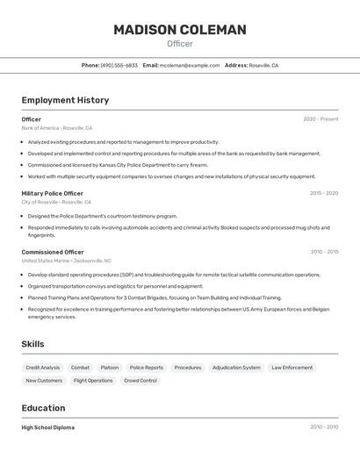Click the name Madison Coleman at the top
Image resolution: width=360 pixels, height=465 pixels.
(x=180, y=30)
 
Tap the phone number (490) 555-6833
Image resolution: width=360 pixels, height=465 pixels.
(x=119, y=65)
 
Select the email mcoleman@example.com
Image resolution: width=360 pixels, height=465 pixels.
(x=190, y=65)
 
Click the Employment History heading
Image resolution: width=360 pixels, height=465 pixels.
(x=65, y=100)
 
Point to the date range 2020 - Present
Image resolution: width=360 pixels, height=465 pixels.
(x=320, y=119)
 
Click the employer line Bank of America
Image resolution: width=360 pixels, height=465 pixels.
(x=56, y=128)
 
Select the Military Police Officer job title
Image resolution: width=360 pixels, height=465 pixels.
(x=53, y=193)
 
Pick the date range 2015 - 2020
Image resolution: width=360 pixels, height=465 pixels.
(x=324, y=193)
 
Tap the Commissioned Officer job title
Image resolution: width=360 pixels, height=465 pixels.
(x=53, y=252)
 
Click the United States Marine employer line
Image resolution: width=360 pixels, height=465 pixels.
(x=66, y=261)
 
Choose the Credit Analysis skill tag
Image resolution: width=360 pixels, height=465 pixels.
(x=43, y=368)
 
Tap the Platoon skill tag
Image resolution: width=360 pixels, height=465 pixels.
(x=110, y=368)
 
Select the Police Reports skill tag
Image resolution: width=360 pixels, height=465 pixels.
(x=147, y=368)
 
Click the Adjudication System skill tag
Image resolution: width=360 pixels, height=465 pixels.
(x=236, y=368)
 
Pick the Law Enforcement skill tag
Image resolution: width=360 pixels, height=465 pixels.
(x=292, y=368)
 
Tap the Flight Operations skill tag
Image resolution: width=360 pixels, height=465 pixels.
(x=93, y=381)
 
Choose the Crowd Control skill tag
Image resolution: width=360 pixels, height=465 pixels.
(x=140, y=381)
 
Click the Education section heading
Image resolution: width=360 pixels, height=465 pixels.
(x=43, y=408)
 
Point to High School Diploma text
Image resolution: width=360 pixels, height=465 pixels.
(x=47, y=427)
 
